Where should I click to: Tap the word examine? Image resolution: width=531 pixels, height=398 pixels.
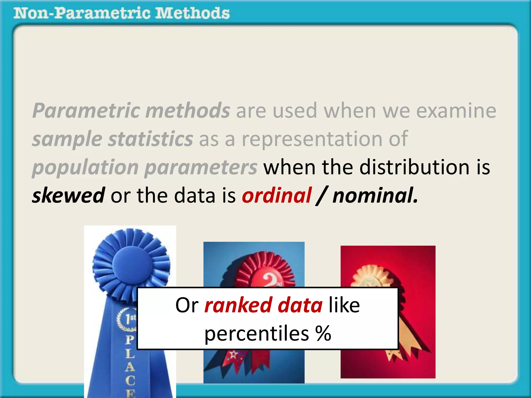pyautogui.click(x=456, y=111)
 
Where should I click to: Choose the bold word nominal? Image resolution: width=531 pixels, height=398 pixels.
pyautogui.click(x=375, y=195)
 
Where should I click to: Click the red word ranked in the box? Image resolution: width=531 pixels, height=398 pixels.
pyautogui.click(x=238, y=305)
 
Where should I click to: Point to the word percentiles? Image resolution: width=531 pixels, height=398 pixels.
pyautogui.click(x=256, y=334)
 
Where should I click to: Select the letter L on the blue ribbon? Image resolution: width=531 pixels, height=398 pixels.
pyautogui.click(x=130, y=353)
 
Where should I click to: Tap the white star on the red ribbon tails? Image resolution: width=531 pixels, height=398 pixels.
pyautogui.click(x=234, y=354)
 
